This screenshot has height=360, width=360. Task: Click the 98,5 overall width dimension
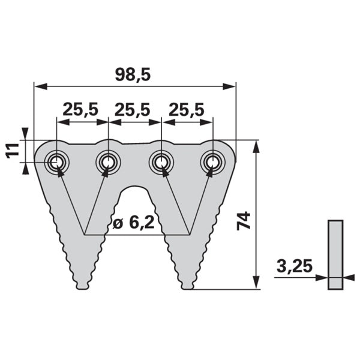point(133,74)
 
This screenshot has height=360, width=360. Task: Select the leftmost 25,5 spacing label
point(80,110)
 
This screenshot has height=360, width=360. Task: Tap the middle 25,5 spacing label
point(133,110)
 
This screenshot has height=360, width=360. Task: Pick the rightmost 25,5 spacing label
point(187,110)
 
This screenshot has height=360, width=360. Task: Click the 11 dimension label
point(13,151)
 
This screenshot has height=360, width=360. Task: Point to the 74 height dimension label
point(244,221)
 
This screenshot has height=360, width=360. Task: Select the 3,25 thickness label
point(295,266)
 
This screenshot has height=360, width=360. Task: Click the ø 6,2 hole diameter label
point(134,222)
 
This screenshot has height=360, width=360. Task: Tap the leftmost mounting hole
point(56,163)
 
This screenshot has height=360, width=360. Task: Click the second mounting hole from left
point(108,163)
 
